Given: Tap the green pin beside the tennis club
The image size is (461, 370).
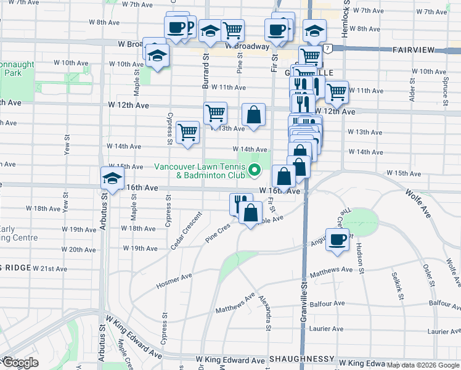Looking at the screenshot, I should click(256, 170).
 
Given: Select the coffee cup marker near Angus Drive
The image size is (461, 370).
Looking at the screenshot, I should click(337, 239).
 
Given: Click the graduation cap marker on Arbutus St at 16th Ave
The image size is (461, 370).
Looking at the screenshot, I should click(112, 179).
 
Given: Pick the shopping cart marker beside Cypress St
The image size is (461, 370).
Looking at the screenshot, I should click(187, 131).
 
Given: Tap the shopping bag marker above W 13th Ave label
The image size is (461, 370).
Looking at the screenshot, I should click(253, 114).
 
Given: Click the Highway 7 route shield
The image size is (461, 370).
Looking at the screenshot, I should click(329, 48).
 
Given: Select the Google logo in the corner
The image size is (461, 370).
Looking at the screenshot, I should click(20, 363).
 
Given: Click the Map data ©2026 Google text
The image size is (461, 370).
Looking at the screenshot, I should click(423, 366).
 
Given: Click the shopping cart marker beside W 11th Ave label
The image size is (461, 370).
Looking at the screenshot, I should click(336, 92).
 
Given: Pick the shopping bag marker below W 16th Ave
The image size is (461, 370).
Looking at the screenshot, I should click(250, 213).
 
